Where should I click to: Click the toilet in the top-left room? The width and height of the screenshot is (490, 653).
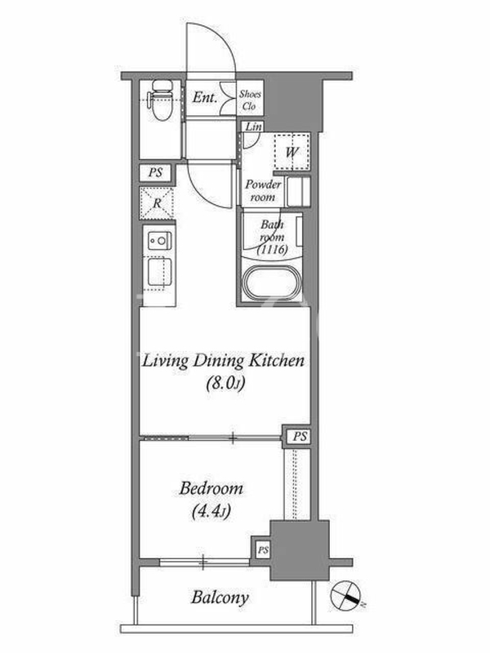point(162,100)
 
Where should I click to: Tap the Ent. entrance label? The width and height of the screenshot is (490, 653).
point(205,97)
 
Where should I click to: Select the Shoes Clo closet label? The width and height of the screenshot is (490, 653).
point(250,100)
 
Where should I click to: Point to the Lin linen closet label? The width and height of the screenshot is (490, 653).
point(253,127)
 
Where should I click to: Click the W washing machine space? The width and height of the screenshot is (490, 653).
point(292,152)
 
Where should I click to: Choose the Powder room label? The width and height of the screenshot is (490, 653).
point(263,190)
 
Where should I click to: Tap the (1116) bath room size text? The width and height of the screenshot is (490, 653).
point(273,250)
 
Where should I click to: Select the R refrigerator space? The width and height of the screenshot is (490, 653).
point(157,203)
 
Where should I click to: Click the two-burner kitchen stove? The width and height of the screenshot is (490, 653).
point(158,240)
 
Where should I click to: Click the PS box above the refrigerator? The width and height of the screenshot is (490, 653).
point(155,172)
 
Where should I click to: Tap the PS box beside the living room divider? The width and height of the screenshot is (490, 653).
point(300,437)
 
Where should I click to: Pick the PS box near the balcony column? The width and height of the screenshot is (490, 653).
point(263,550)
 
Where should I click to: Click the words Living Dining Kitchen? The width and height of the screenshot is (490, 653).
point(223,361)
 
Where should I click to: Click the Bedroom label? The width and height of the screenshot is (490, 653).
point(211,488)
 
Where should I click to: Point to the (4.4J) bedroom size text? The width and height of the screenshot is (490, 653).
point(212,511)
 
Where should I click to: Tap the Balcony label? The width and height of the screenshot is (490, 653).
point(220,598)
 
